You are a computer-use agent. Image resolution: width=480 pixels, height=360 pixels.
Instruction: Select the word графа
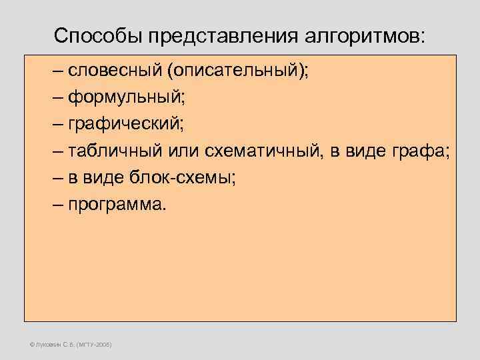(x=423, y=152)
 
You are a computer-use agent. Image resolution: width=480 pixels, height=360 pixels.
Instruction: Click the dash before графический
(x=59, y=125)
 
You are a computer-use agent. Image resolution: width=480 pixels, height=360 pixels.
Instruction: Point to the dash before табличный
(x=59, y=152)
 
